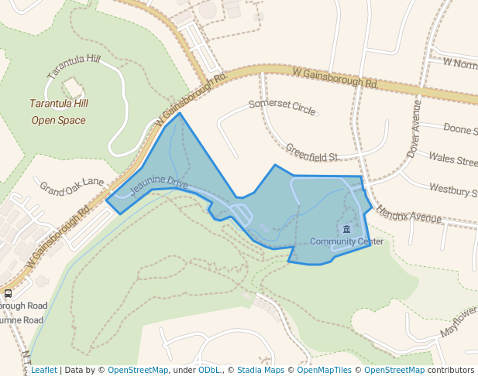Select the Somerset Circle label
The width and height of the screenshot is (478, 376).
tap(282, 107)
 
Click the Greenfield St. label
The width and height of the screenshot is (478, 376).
tap(313, 152)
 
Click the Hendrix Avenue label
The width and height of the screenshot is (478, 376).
tap(408, 215)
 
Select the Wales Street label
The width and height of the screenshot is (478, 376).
tap(453, 160)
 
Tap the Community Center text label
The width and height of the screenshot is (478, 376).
tap(346, 241)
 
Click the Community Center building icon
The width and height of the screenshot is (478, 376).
tap(346, 230)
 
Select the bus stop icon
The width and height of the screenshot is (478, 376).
tap(8, 293)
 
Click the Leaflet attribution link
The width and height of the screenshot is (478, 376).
tap(43, 370)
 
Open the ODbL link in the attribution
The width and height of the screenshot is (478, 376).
tap(208, 370)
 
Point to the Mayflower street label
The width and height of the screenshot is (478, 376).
tap(459, 320)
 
